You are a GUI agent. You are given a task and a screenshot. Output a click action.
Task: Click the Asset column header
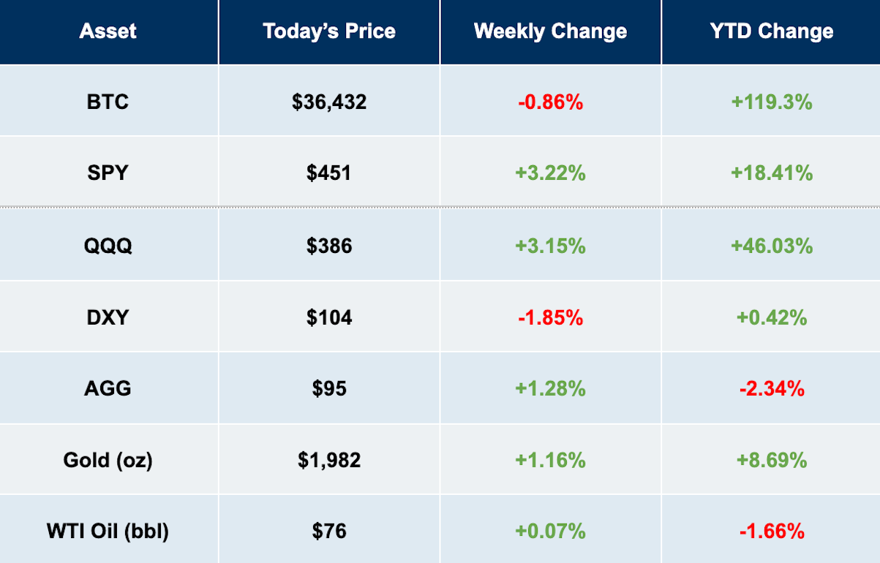pyautogui.click(x=108, y=31)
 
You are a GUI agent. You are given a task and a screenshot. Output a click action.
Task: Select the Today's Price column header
pyautogui.click(x=329, y=31)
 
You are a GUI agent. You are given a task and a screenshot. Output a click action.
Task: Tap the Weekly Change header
pyautogui.click(x=550, y=31)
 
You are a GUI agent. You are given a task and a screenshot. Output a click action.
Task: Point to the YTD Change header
pyautogui.click(x=772, y=31)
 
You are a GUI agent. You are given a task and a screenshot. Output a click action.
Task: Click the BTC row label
pyautogui.click(x=108, y=102)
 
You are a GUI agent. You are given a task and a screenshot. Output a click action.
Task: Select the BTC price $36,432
pyautogui.click(x=329, y=102)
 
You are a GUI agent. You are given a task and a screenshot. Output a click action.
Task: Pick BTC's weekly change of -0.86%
pyautogui.click(x=550, y=102)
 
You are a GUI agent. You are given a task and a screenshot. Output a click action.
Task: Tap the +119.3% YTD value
pyautogui.click(x=772, y=102)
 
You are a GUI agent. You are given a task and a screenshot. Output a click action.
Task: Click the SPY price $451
pyautogui.click(x=329, y=173)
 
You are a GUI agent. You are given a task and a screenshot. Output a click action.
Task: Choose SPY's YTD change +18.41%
pyautogui.click(x=772, y=173)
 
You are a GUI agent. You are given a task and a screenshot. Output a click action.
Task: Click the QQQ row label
pyautogui.click(x=108, y=246)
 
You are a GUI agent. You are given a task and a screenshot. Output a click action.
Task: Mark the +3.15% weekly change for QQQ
pyautogui.click(x=550, y=246)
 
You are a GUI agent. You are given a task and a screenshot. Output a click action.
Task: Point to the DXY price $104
pyautogui.click(x=329, y=317)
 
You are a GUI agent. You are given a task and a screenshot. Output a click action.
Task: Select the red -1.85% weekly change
pyautogui.click(x=550, y=317)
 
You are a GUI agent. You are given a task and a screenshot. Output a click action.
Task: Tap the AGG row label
pyautogui.click(x=108, y=389)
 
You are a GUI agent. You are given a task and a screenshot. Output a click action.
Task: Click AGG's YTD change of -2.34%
pyautogui.click(x=772, y=389)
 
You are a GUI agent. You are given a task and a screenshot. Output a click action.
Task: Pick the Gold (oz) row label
pyautogui.click(x=108, y=460)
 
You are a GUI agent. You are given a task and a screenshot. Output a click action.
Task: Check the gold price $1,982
pyautogui.click(x=329, y=460)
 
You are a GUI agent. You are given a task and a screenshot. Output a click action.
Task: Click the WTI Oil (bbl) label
pyautogui.click(x=108, y=532)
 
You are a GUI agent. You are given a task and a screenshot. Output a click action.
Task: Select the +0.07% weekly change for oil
pyautogui.click(x=550, y=532)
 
